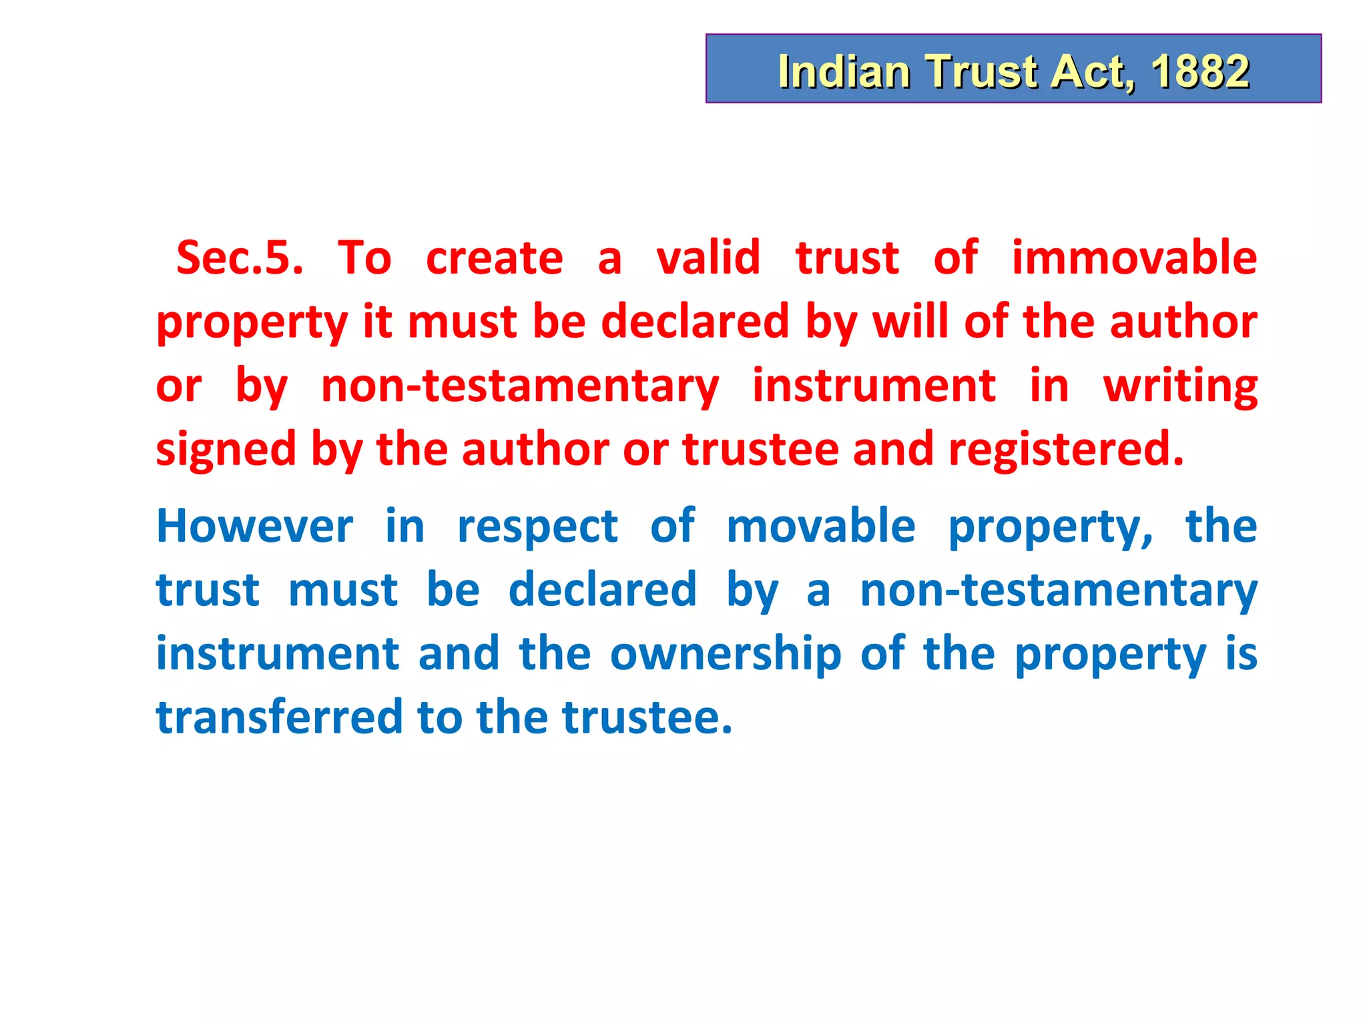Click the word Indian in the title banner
click(844, 71)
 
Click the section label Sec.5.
click(240, 258)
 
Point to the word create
click(495, 258)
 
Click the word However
click(254, 527)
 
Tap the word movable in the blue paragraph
click(820, 526)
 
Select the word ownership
click(726, 655)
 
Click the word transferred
click(279, 717)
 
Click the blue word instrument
click(278, 655)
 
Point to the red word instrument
click(874, 386)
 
